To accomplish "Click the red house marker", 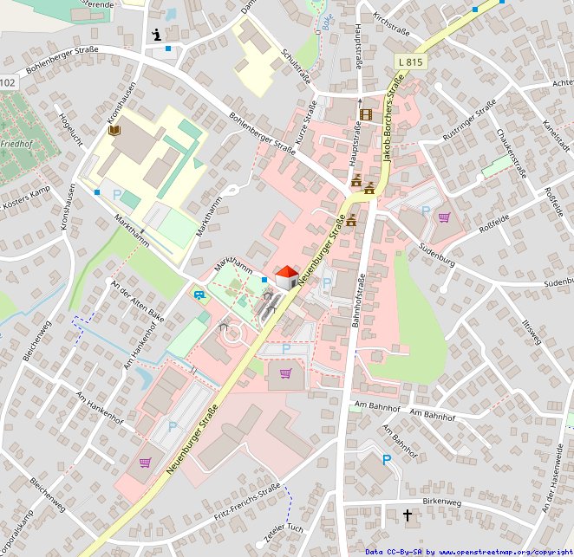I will [286, 277].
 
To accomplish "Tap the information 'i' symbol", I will [156, 35].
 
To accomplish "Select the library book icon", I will [114, 130].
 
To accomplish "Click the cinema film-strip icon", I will [365, 113].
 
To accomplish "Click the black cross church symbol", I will [408, 515].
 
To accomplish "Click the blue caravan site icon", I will [200, 295].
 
